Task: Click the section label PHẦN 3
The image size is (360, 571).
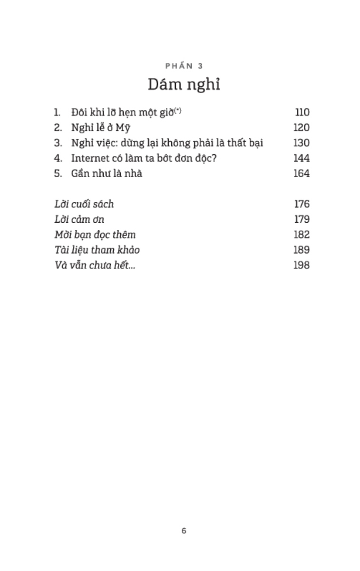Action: [184, 66]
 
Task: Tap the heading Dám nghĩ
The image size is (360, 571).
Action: [184, 85]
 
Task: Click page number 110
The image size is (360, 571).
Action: [302, 112]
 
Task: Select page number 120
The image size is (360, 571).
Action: [302, 128]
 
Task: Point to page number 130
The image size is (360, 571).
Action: [302, 143]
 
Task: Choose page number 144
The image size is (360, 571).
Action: [302, 158]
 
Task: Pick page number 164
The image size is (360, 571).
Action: [302, 173]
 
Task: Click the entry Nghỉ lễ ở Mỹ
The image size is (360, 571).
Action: [100, 128]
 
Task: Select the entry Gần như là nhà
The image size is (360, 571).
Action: [107, 173]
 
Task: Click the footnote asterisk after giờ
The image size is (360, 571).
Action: [178, 110]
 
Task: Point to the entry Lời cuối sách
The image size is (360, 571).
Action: [84, 204]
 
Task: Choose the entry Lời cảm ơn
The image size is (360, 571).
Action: [79, 219]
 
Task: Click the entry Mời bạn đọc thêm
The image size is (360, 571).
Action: [95, 235]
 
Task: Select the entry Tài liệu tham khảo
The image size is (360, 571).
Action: [97, 250]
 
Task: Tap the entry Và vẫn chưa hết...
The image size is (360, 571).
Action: [95, 265]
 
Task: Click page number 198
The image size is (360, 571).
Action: [302, 265]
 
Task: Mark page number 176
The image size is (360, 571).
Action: [302, 204]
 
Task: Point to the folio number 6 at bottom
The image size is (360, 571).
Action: [184, 531]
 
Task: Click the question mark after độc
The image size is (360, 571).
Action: [214, 158]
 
